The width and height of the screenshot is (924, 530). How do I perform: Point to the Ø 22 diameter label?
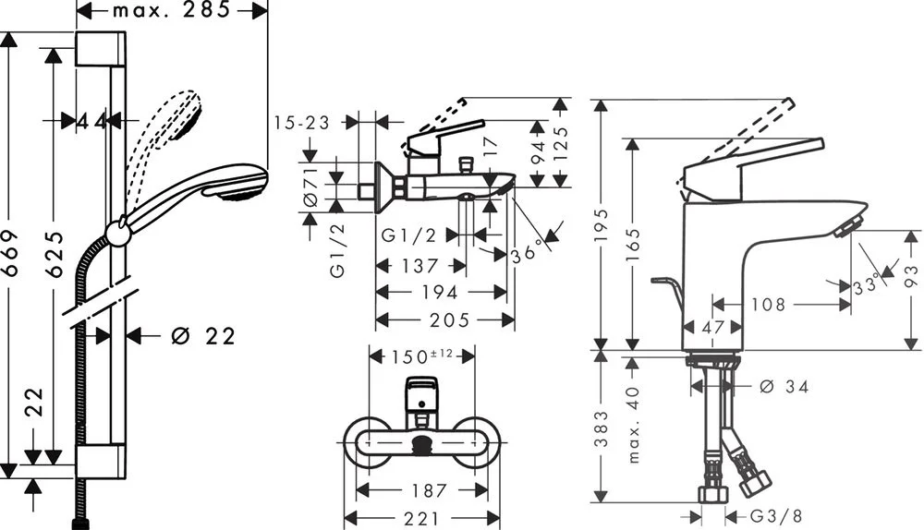point(203,336)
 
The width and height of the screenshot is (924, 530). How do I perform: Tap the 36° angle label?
point(528,249)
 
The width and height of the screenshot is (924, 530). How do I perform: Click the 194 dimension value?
point(440,292)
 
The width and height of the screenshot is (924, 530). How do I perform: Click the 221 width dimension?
point(421,519)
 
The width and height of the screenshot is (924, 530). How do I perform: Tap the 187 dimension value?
point(429,490)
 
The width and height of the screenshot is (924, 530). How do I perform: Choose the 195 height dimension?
point(602,222)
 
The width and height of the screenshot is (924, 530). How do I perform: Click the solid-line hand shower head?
point(236,182)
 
